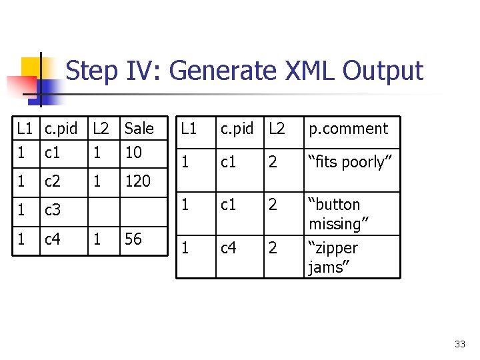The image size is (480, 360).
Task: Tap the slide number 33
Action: click(460, 344)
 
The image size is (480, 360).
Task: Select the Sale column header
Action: click(139, 128)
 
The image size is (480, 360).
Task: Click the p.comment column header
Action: click(347, 129)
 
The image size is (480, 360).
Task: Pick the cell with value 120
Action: click(137, 180)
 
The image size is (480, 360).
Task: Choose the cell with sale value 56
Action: click(133, 239)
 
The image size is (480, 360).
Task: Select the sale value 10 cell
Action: click(133, 152)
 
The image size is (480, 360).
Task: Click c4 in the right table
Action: click(229, 249)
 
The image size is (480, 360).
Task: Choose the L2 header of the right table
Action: click(277, 129)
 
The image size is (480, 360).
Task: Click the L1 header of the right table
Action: click(190, 129)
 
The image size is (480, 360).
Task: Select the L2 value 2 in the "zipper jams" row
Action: click(273, 249)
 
